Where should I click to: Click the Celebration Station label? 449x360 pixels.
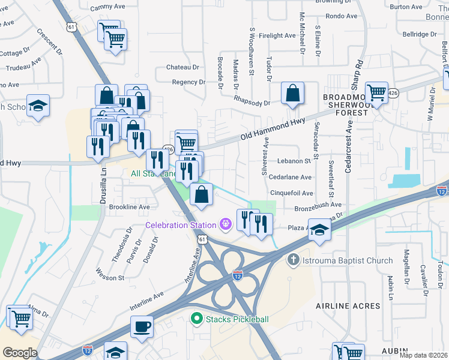tap(180, 225)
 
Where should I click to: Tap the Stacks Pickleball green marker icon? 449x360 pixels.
tap(196, 319)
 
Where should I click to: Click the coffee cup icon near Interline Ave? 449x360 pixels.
tap(142, 326)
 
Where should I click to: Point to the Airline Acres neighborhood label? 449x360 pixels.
tap(348, 306)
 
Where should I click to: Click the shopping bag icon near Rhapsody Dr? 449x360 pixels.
tap(292, 94)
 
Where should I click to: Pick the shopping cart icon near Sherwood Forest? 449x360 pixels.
tap(376, 93)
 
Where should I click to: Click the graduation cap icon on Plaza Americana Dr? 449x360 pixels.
tap(320, 230)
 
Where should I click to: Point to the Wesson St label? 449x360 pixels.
tap(110, 278)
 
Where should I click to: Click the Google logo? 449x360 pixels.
tap(20, 353)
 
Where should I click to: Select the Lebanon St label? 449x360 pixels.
tap(294, 161)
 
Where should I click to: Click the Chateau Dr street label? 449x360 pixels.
tap(182, 67)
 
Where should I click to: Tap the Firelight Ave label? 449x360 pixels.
tap(277, 36)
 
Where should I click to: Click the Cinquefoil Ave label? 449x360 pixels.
tap(292, 193)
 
